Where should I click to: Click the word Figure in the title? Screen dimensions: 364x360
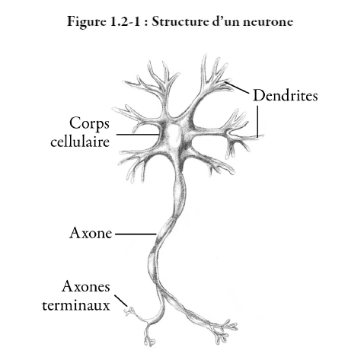pos(87,22)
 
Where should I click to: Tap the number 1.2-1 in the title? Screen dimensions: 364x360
pos(126,21)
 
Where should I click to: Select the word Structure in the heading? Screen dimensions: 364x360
pos(180,21)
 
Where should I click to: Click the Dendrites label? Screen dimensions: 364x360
pos(286,96)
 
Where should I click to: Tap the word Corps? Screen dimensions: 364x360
pos(89,124)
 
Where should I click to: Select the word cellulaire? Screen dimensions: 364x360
pos(80,141)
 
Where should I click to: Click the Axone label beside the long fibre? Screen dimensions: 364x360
pos(91,233)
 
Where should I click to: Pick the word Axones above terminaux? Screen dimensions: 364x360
pos(86,287)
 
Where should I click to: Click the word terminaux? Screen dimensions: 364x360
pos(76,304)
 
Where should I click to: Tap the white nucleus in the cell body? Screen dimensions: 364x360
pos(174,135)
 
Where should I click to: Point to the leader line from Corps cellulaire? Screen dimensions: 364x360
pos(137,135)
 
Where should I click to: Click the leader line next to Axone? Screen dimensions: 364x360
pos(136,234)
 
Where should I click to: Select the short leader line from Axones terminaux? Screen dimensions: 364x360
pos(120,301)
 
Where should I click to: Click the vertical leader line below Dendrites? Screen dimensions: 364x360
pos(257,122)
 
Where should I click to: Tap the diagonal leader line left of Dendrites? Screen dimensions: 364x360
pos(238,88)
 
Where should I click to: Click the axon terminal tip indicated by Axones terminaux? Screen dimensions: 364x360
pos(130,311)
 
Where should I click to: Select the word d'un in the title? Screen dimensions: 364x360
pos(225,21)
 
